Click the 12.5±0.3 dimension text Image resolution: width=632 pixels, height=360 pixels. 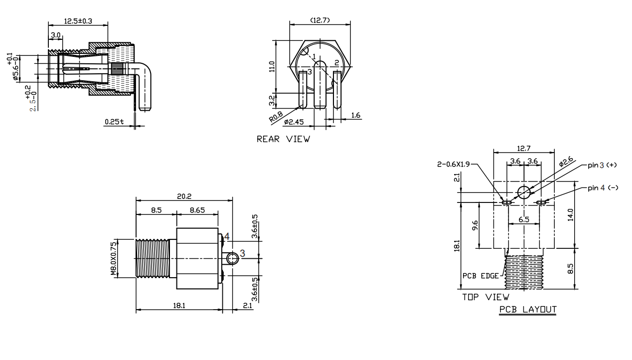pyautogui.click(x=79, y=21)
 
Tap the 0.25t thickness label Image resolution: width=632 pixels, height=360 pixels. pyautogui.click(x=114, y=122)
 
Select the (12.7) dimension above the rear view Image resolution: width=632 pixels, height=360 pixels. pyautogui.click(x=319, y=20)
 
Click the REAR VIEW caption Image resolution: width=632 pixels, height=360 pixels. pyautogui.click(x=283, y=139)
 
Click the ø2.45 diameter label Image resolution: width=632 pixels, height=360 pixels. pyautogui.click(x=294, y=122)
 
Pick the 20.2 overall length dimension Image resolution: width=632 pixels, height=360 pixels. pyautogui.click(x=184, y=196)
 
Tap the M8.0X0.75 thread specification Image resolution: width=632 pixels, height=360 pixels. pyautogui.click(x=114, y=259)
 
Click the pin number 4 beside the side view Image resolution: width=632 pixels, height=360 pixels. pyautogui.click(x=226, y=236)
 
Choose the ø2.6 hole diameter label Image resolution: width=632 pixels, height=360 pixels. pyautogui.click(x=566, y=163)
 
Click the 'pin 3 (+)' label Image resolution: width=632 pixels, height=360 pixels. pyautogui.click(x=603, y=165)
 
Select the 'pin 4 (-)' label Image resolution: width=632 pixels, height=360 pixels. pyautogui.click(x=603, y=187)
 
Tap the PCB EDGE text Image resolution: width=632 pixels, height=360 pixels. pyautogui.click(x=480, y=276)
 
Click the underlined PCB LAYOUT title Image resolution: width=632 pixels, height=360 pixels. pyautogui.click(x=528, y=310)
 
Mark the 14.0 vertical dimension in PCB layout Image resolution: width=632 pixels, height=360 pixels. pyautogui.click(x=571, y=214)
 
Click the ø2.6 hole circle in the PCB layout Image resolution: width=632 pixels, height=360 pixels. pyautogui.click(x=524, y=191)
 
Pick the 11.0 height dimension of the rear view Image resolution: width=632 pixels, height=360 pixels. pyautogui.click(x=272, y=66)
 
